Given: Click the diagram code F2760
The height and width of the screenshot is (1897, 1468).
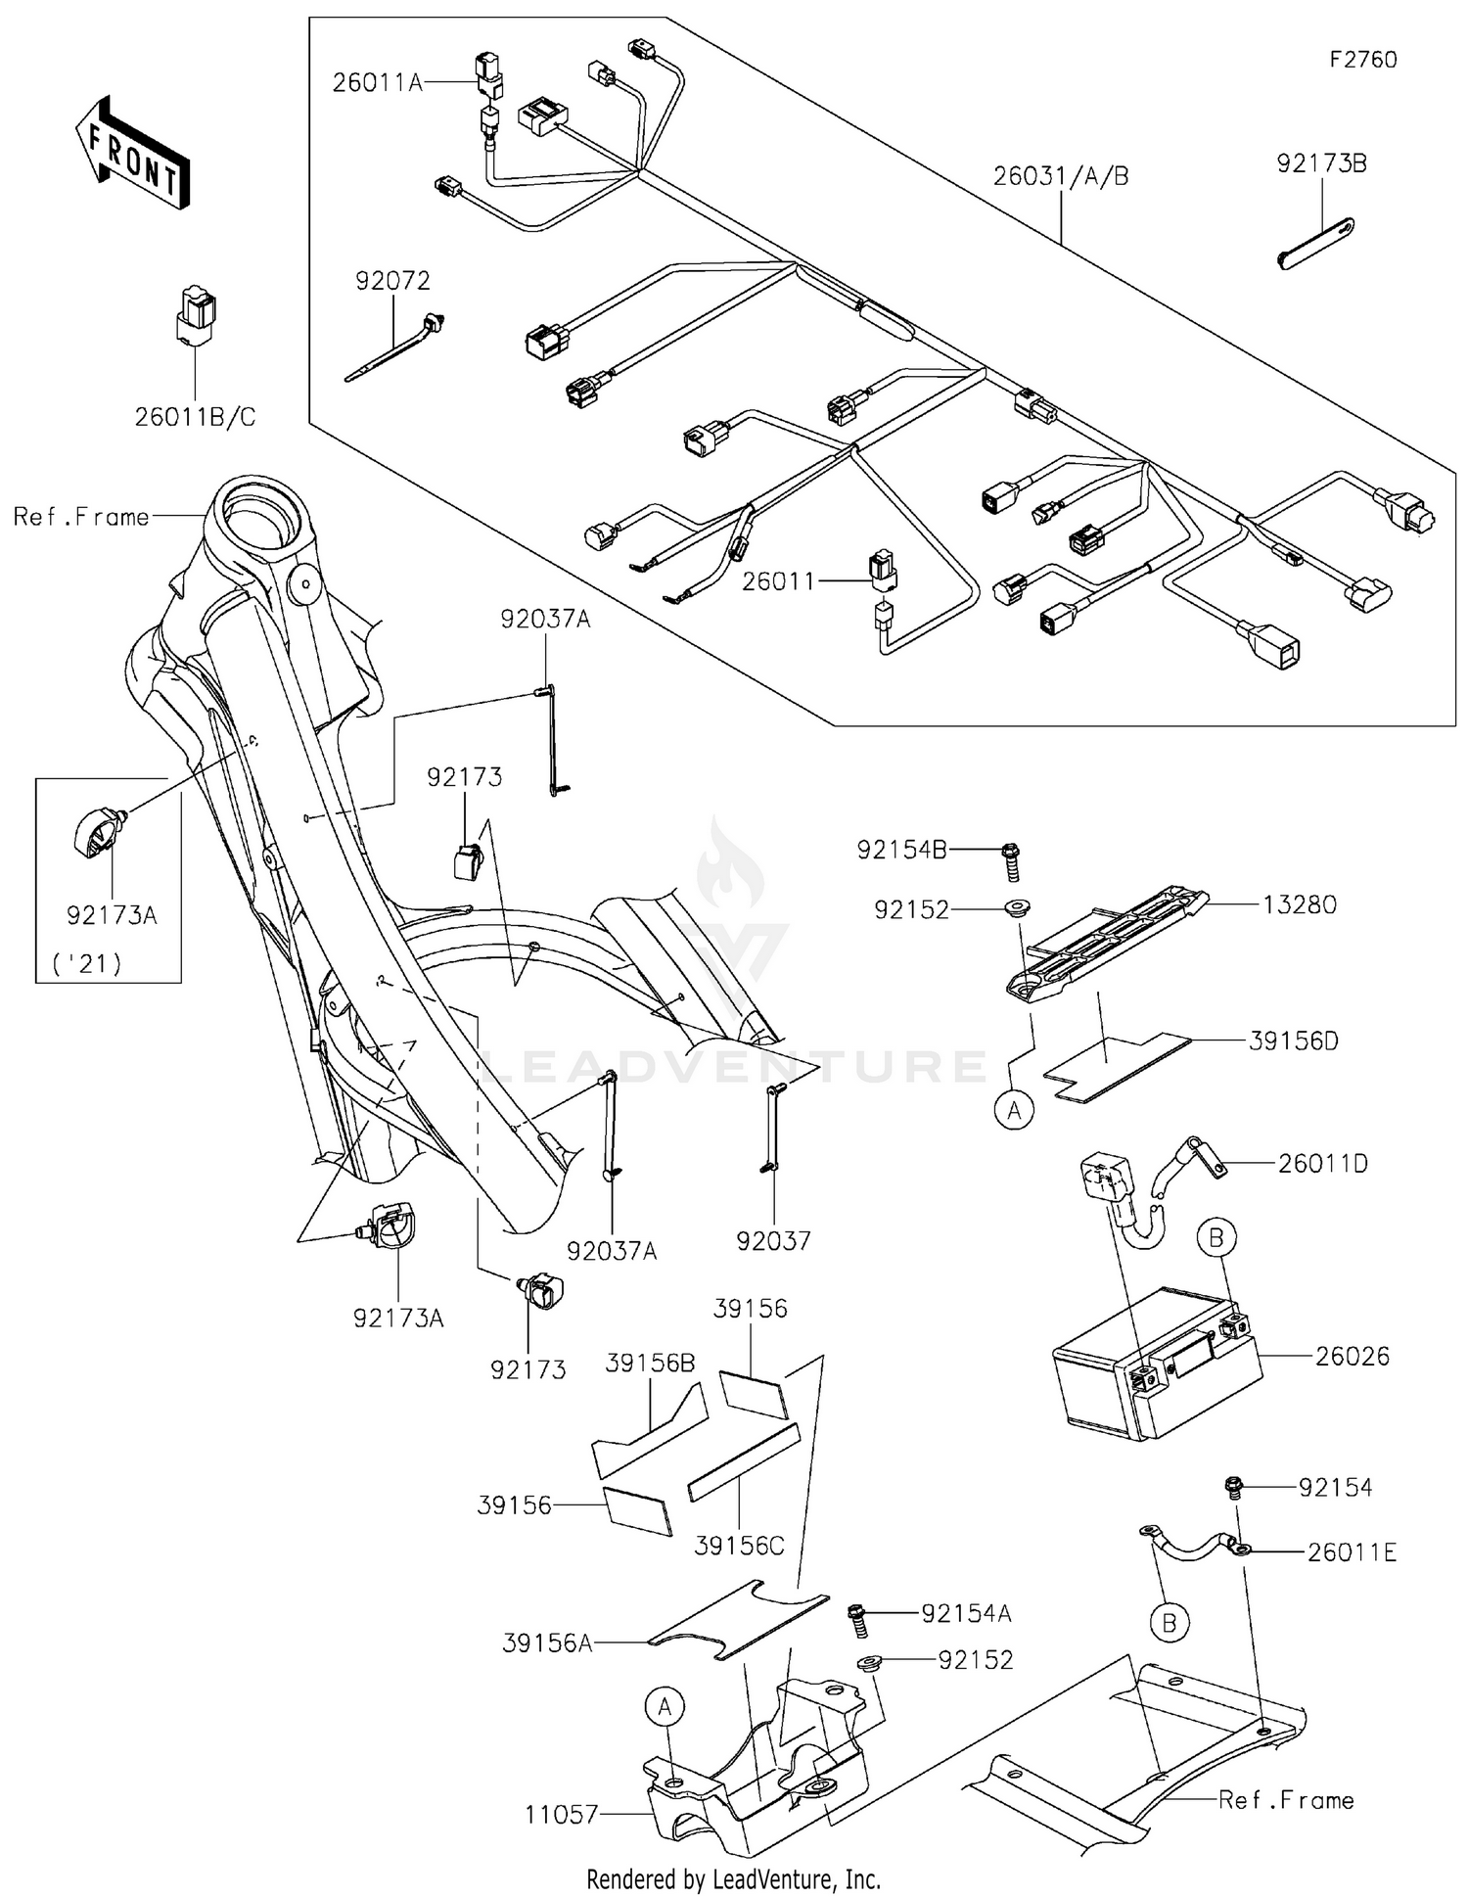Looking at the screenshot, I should pos(1362,60).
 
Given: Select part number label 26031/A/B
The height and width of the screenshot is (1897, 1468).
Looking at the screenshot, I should pos(1061,176).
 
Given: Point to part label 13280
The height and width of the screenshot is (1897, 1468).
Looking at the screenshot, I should pos(1299,904).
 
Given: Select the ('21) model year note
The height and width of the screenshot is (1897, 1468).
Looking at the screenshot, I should pos(87,964).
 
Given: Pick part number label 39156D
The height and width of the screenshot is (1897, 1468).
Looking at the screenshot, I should pos(1293,1041).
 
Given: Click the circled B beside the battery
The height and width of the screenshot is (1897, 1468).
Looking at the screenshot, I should pos(1216,1238).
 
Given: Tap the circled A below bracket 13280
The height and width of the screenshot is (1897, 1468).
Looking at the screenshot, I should pos(1015,1110).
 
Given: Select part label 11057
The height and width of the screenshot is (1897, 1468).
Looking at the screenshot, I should pos(561,1814).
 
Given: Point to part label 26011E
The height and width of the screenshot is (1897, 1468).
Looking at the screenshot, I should pos(1352,1551).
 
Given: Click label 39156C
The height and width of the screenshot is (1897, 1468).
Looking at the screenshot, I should pos(739,1546).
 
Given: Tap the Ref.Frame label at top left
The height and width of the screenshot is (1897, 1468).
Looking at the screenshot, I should pos(81,517).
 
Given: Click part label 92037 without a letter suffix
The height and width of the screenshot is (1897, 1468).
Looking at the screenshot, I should pos(773,1241).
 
